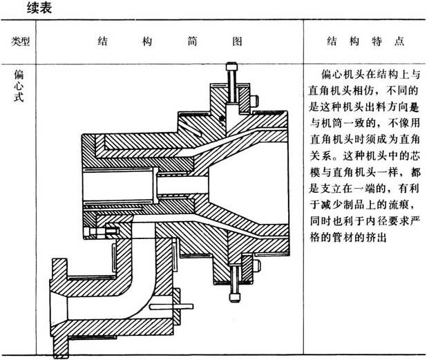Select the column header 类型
tap(21, 41)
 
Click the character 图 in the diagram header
tap(237, 41)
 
